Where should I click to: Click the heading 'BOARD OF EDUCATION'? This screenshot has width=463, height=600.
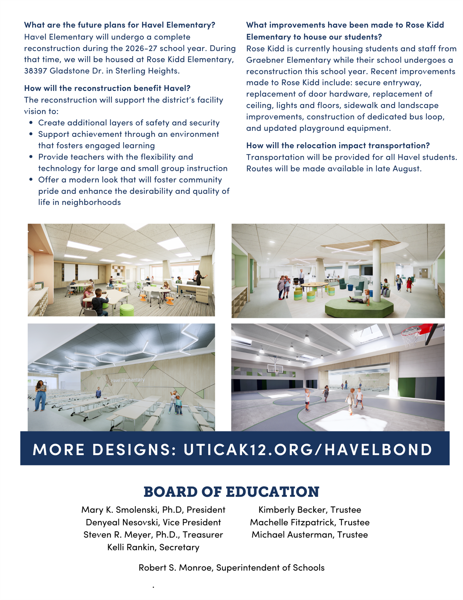tap(231, 492)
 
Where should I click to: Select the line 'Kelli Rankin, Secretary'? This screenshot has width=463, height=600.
tap(153, 547)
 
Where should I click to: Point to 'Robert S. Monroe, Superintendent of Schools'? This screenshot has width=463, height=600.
tap(231, 568)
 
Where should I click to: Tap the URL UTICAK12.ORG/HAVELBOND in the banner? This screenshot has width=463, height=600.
tap(308, 449)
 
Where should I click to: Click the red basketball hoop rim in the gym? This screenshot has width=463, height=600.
tap(411, 332)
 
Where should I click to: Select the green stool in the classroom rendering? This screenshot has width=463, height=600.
tap(127, 310)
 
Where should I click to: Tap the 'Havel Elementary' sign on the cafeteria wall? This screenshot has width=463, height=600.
tap(127, 380)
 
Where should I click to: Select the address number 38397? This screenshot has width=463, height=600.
tap(35, 71)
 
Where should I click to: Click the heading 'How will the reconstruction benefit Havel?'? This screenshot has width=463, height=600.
tap(107, 88)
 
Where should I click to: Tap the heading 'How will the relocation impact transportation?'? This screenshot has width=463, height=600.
tap(338, 145)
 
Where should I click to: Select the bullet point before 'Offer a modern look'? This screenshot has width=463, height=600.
tap(31, 180)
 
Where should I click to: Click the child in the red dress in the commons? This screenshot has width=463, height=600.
tap(409, 284)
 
